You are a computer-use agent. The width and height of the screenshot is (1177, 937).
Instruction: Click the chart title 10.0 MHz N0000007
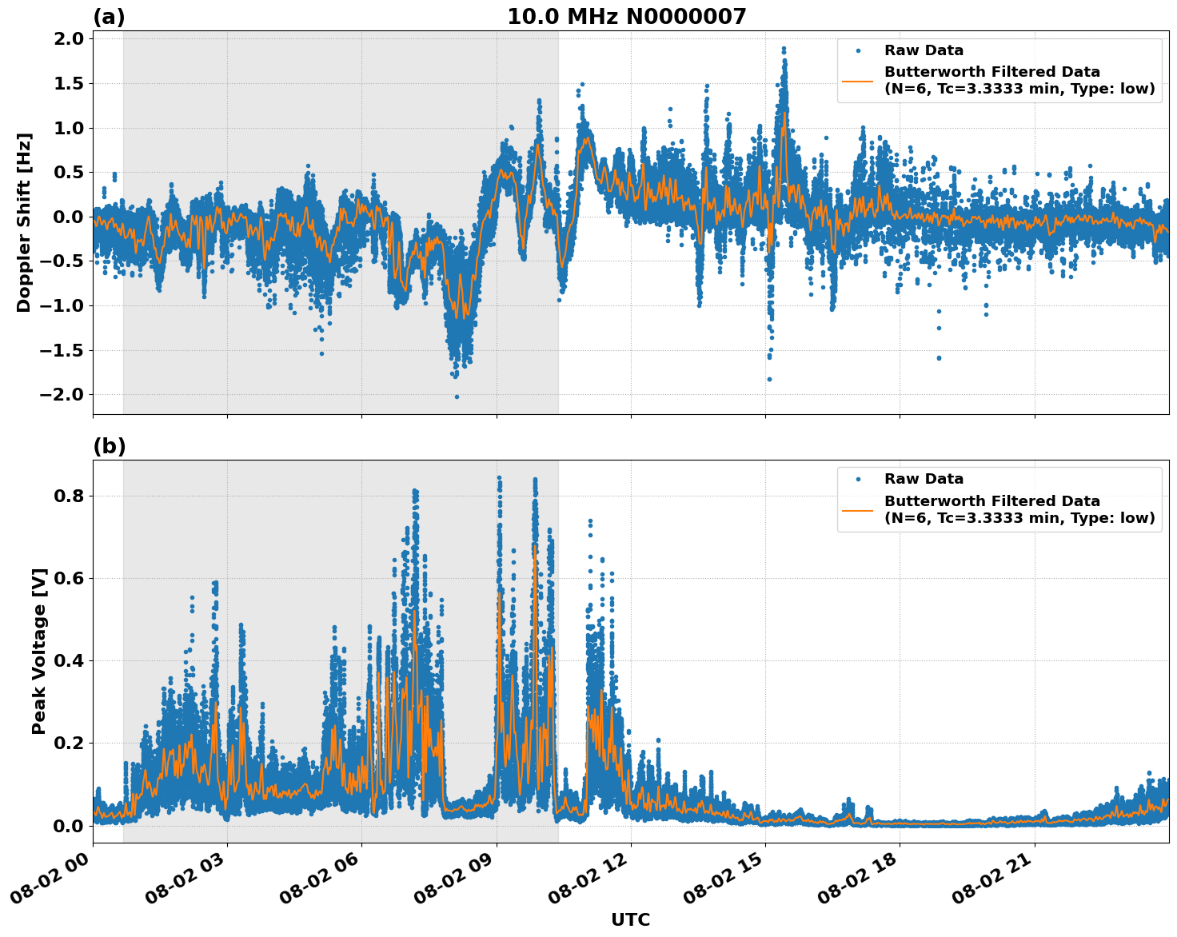626,17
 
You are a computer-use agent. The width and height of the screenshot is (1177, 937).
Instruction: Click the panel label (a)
109,17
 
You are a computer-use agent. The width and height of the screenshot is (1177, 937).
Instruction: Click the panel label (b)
109,446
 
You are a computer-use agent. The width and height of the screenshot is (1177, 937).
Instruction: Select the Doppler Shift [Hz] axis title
24,222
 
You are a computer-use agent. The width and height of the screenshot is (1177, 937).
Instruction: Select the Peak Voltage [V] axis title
39,651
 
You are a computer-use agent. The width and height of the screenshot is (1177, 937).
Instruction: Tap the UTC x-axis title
630,919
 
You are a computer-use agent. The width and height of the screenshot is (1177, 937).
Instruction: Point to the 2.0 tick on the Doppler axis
68,39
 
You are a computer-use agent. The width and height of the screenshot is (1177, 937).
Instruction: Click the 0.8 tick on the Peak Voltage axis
68,496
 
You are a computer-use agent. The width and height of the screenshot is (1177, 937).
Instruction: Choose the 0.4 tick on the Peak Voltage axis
68,660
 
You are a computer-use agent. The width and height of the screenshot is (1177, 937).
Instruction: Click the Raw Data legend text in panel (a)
924,51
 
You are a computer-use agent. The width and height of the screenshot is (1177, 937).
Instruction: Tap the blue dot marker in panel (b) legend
858,479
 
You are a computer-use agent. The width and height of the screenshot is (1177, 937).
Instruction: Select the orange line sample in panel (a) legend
858,81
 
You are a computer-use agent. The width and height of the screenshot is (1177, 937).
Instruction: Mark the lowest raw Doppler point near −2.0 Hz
457,397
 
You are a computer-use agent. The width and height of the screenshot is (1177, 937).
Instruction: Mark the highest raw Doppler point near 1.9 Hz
784,48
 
